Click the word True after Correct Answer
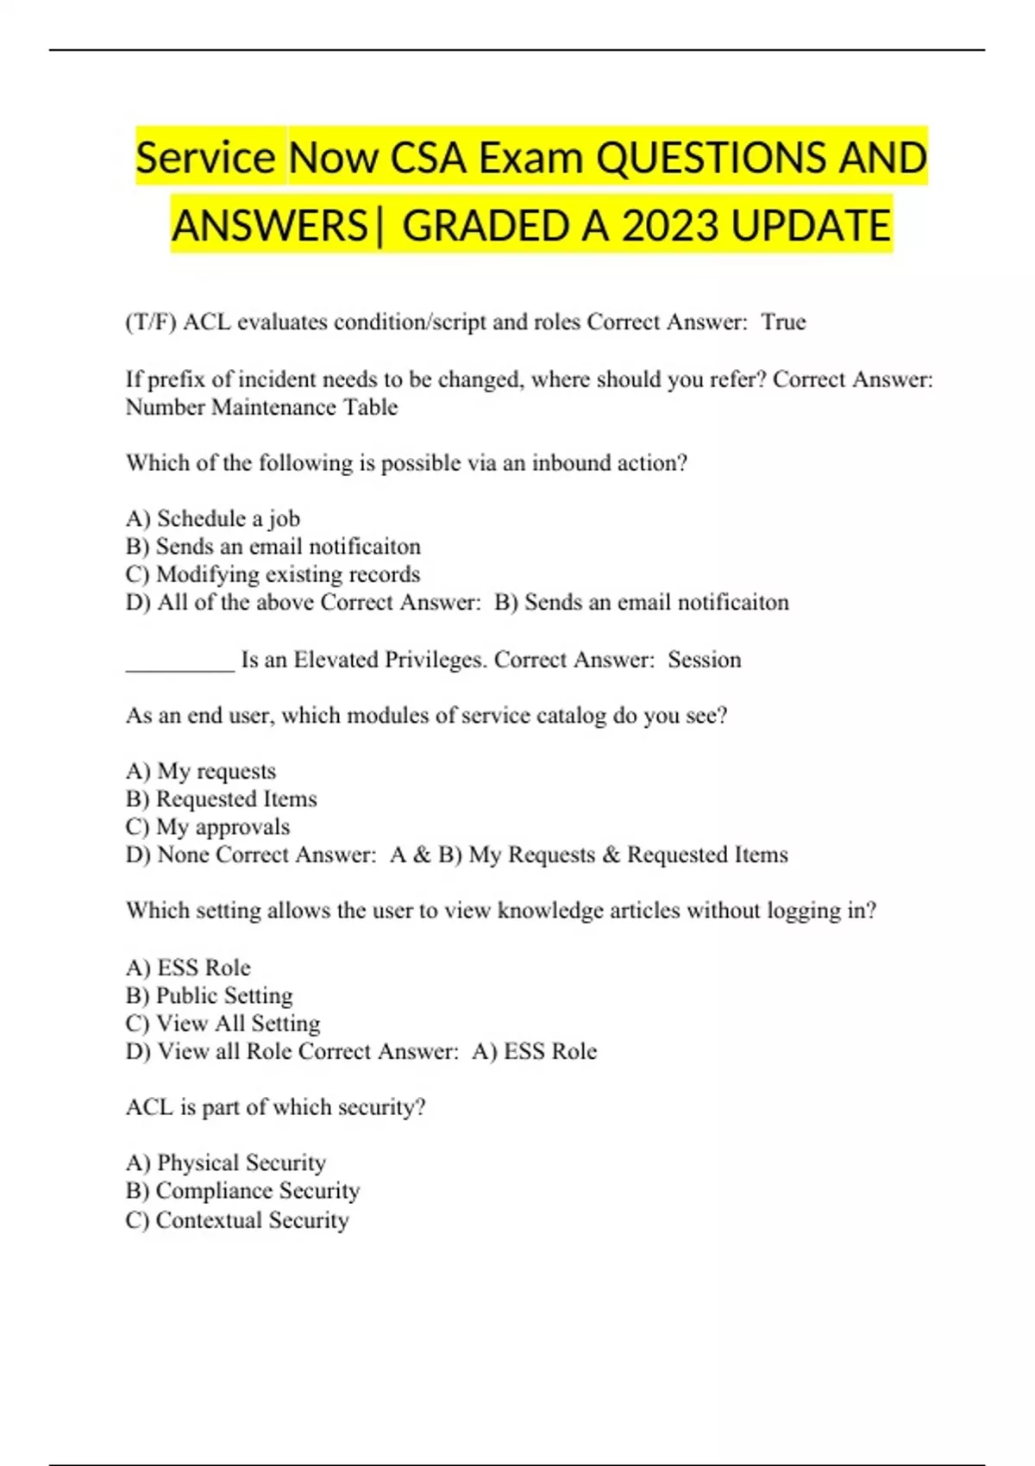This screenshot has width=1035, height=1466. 783,322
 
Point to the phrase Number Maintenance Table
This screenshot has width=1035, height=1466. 261,407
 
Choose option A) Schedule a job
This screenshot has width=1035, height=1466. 212,518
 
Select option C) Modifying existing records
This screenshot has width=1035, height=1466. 273,574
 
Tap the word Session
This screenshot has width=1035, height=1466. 704,660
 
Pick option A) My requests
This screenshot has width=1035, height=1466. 200,771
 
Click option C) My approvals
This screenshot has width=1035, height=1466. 207,827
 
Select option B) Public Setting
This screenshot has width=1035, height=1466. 209,995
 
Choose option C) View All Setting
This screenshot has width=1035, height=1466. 223,1024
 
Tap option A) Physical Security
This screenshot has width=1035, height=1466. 225,1162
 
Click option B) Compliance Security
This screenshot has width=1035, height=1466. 242,1191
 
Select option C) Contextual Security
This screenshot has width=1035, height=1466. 237,1220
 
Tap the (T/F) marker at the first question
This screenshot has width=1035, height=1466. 151,322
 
